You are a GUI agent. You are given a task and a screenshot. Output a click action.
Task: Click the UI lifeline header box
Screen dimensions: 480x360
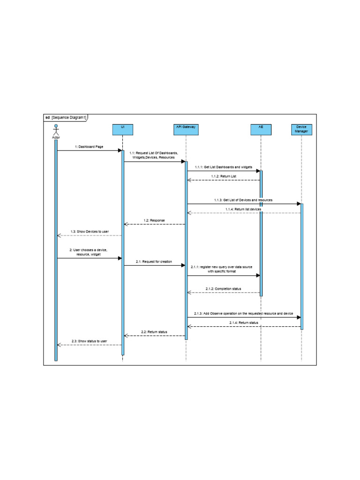pos(123,129)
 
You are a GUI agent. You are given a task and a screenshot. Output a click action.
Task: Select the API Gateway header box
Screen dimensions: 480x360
pos(186,129)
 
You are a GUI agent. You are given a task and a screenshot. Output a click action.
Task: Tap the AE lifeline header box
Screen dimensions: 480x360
pos(261,129)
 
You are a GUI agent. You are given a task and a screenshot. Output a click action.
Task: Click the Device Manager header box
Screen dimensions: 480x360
pos(301,129)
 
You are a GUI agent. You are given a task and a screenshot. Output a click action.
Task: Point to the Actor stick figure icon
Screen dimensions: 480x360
pos(56,129)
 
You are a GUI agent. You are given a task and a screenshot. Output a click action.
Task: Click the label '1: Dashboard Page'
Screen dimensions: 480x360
pos(89,147)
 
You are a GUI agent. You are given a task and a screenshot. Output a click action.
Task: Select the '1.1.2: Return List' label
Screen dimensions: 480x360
pos(224,176)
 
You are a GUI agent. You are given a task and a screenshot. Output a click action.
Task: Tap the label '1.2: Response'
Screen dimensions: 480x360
pos(154,220)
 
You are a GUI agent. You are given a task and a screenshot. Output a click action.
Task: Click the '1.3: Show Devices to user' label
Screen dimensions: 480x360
pos(90,232)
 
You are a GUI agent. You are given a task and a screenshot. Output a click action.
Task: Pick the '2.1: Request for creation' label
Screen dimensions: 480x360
pos(154,261)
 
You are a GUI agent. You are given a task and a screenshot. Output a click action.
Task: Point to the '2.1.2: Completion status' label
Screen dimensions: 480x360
pos(223,289)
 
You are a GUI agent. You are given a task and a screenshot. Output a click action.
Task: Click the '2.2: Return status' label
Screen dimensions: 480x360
pos(154,332)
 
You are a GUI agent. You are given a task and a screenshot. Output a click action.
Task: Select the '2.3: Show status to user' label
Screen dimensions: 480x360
pos(89,341)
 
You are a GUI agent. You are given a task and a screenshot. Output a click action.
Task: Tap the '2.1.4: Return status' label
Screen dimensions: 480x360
pos(244,322)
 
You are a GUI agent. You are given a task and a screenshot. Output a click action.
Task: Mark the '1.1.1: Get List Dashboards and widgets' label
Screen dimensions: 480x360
pos(224,167)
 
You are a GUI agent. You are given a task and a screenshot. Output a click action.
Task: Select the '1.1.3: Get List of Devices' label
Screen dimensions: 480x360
pos(243,200)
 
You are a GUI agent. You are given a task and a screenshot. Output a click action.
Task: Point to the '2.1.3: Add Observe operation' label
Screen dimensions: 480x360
pos(243,313)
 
